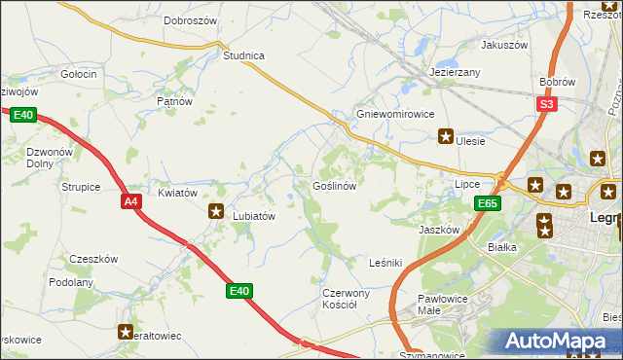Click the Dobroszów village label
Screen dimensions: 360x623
[190, 19]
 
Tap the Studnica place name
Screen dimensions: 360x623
[243, 55]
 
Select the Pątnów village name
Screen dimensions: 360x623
[175, 100]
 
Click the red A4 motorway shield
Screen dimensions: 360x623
[131, 201]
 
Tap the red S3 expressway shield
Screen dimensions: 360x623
[548, 105]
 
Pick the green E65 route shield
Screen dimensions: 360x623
[488, 203]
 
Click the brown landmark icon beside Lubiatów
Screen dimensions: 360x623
[216, 210]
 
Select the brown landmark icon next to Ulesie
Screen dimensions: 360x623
[447, 137]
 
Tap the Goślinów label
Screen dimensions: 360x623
[339, 185]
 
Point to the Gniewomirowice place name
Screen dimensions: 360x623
[394, 114]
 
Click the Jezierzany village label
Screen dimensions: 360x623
[455, 73]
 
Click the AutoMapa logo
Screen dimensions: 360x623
[557, 342]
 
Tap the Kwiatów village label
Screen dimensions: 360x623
[177, 193]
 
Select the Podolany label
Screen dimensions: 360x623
[71, 282]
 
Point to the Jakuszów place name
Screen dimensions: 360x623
[503, 45]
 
